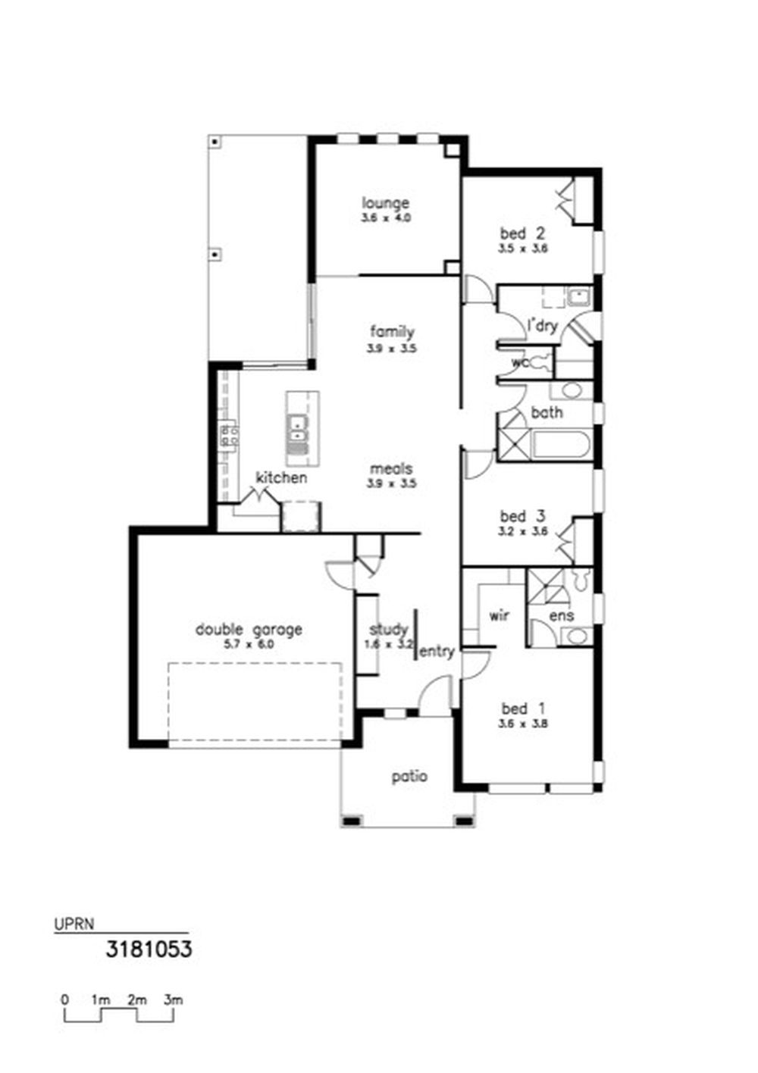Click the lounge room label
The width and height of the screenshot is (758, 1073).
pos(385,203)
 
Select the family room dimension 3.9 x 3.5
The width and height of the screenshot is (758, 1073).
pos(391,349)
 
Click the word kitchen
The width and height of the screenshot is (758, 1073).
pos(281,477)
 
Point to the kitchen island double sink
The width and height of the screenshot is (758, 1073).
pos(297,428)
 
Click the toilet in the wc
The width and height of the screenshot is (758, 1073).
pos(543,361)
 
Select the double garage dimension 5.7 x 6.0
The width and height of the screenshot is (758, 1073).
pos(249,644)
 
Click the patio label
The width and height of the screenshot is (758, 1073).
pos(409,777)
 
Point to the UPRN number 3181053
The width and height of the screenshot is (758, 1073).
pos(149,949)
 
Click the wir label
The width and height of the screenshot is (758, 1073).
pos(499,615)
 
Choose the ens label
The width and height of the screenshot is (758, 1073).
pos(561,616)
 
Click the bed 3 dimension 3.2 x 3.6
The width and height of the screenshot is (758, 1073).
pos(523,530)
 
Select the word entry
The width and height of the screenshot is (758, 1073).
pos(437,652)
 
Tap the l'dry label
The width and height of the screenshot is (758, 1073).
pos(543,326)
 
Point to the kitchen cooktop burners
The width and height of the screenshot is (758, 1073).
pos(229,436)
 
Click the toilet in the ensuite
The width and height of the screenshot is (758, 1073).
pos(581,580)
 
